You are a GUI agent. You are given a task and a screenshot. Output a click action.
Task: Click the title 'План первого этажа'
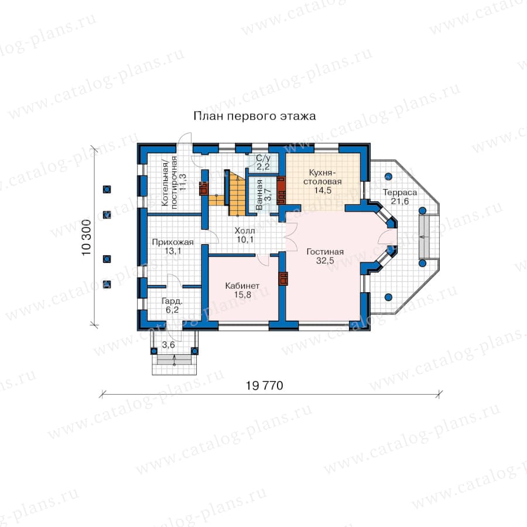point(255,117)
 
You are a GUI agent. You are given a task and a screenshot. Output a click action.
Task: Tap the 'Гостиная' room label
point(325,252)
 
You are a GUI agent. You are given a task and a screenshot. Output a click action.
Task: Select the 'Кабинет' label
point(242,286)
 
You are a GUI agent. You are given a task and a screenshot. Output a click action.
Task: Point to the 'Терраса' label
point(399,193)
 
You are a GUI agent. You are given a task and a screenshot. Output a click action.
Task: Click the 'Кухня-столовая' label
point(322,177)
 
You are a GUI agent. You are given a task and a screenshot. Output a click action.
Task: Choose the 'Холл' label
point(245,231)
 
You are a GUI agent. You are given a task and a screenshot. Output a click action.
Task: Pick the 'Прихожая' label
point(173,242)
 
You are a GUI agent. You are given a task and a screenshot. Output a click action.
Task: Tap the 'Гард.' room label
point(172,301)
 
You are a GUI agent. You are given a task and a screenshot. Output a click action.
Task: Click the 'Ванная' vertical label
point(259,195)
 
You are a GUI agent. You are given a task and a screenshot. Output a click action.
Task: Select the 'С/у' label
point(263,158)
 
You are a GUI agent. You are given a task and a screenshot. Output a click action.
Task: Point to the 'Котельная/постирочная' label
point(169,182)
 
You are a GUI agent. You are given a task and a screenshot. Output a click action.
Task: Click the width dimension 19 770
point(265,385)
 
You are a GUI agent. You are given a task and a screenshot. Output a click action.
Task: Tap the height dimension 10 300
point(87,237)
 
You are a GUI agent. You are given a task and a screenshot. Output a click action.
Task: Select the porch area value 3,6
point(169,345)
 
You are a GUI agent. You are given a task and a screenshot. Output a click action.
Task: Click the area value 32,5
point(325,261)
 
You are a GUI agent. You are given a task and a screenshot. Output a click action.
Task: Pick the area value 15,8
point(242,295)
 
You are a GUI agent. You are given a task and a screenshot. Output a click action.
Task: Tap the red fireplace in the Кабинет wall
point(283,279)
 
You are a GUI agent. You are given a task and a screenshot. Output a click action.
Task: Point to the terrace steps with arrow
point(425,237)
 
